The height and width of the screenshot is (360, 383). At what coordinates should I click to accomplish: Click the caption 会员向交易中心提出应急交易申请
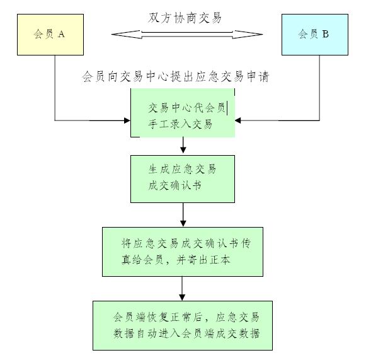point(176,77)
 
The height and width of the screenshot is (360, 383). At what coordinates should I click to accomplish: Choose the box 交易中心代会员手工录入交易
point(183,113)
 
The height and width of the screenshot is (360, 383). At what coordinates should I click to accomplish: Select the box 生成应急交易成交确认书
point(183,178)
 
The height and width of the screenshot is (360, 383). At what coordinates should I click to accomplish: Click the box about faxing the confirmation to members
point(183,251)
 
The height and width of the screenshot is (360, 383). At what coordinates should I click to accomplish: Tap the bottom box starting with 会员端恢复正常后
point(183,325)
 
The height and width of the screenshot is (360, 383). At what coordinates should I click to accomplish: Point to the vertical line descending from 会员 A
point(55,88)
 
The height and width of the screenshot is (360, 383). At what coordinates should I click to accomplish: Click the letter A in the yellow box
point(61,35)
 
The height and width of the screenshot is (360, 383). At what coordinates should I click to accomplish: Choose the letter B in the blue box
point(325,35)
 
